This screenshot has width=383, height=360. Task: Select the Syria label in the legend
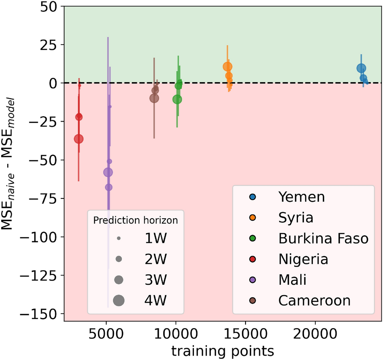pyautogui.click(x=296, y=218)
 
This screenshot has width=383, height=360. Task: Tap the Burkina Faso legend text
pyautogui.click(x=323, y=238)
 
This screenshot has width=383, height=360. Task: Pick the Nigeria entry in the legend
pyautogui.click(x=303, y=259)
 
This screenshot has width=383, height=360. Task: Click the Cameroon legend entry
pyautogui.click(x=314, y=300)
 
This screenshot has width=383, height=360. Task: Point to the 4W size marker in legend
pyautogui.click(x=119, y=300)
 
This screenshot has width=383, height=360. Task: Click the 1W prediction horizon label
pyautogui.click(x=155, y=238)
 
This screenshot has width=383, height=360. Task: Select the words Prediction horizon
pyautogui.click(x=135, y=220)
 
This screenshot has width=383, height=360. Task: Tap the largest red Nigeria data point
pyautogui.click(x=79, y=139)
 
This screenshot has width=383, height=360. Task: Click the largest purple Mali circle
pyautogui.click(x=108, y=172)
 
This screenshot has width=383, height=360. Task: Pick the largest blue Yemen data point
pyautogui.click(x=361, y=68)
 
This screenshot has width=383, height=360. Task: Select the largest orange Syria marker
pyautogui.click(x=227, y=67)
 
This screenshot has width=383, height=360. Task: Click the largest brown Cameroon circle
pyautogui.click(x=154, y=98)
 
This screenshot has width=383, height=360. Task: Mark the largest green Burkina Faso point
pyautogui.click(x=177, y=99)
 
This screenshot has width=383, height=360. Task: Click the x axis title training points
pyautogui.click(x=223, y=350)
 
